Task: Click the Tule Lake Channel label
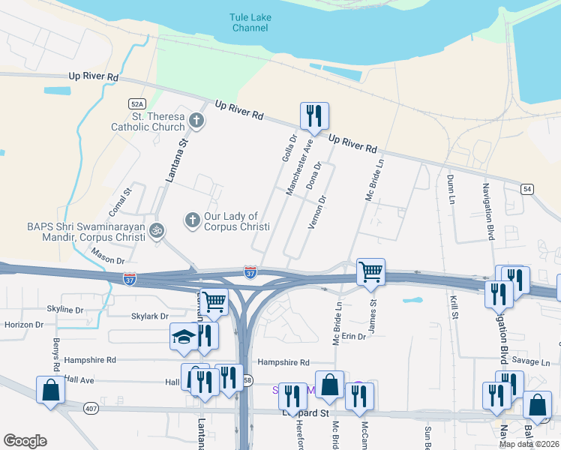pos(250,22)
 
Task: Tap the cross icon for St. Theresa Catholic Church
pos(196,120)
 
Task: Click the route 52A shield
pos(136,104)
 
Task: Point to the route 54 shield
pos(528,190)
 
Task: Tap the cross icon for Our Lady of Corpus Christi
pos(192,220)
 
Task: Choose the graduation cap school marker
pos(182,338)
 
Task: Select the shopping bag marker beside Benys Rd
pos(50,390)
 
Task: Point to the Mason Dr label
pos(109,260)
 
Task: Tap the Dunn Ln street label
pos(451,190)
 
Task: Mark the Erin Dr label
pos(353,337)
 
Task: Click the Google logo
pos(25,441)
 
